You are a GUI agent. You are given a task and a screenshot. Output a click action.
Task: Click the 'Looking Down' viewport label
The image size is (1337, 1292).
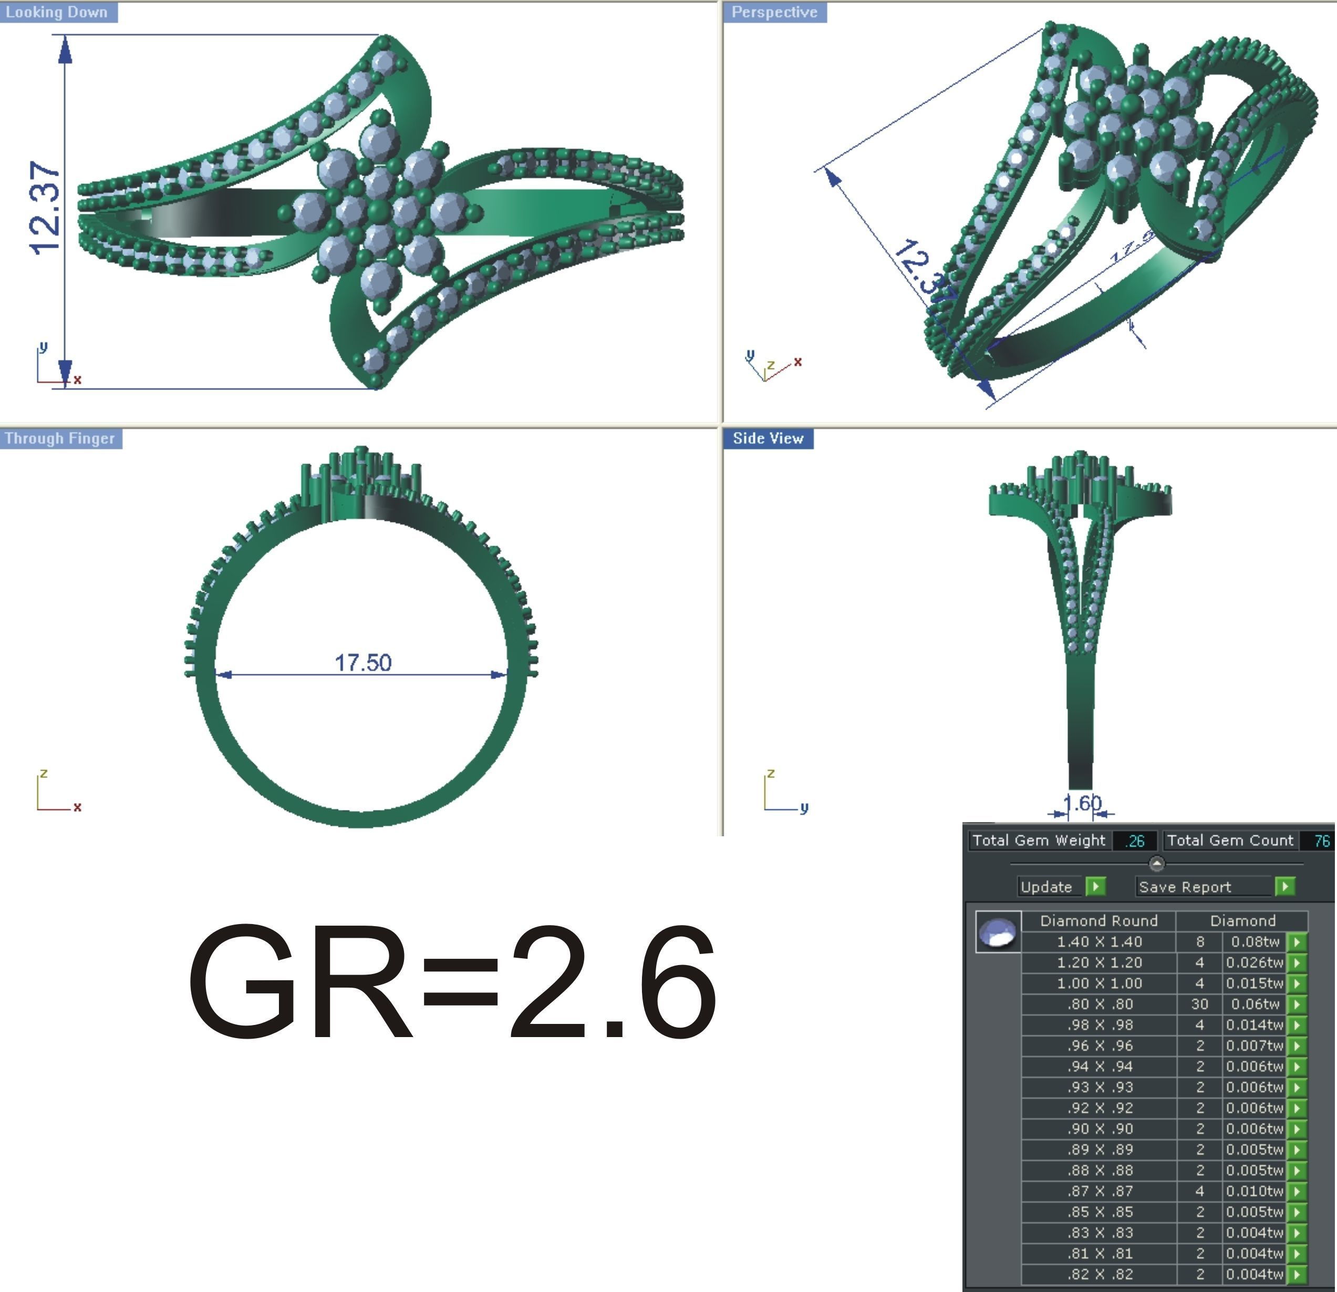click(57, 12)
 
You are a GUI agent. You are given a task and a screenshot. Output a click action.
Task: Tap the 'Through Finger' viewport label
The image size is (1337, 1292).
click(59, 438)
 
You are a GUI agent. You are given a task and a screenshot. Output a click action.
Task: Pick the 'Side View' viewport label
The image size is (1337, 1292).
click(768, 438)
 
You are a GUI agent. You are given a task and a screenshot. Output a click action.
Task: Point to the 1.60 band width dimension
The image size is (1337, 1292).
click(1082, 803)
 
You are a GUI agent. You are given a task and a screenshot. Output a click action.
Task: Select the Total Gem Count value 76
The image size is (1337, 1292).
click(1321, 841)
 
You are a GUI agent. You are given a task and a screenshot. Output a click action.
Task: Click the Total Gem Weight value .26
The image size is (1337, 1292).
click(1134, 841)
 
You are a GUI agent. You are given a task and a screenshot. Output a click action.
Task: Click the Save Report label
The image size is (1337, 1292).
click(1185, 887)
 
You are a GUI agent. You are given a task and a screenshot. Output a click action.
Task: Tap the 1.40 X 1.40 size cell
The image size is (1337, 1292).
click(1099, 942)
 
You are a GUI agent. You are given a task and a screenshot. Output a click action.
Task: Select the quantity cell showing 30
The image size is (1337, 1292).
click(1199, 1004)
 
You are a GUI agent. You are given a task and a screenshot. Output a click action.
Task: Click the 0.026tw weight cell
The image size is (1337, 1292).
click(1254, 962)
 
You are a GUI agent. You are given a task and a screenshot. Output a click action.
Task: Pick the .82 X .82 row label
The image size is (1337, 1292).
click(1099, 1274)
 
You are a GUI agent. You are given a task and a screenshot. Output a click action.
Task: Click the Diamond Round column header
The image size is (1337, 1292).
click(1099, 921)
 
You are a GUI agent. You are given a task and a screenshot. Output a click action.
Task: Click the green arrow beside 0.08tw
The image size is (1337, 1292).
click(1297, 942)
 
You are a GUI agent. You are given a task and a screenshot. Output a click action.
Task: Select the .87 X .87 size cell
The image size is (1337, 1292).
click(1099, 1191)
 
